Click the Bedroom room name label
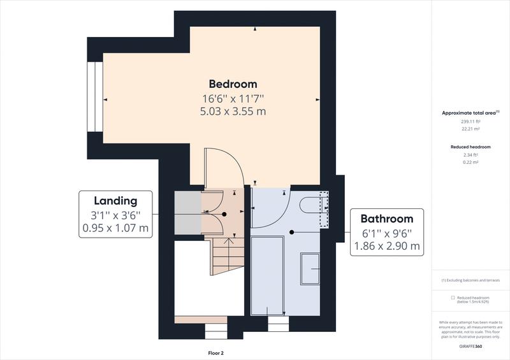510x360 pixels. pos(233,84)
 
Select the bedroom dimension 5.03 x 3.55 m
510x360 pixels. pos(233,111)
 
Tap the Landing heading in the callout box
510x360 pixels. pos(116,201)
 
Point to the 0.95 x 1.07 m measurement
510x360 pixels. pos(116,227)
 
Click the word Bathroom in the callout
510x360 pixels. pos(391,219)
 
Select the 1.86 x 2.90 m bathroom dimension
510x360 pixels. pos(391,245)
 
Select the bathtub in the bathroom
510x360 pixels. pos(268,275)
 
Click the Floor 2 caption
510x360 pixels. pos(216,352)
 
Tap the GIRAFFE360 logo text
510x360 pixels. pos(470,344)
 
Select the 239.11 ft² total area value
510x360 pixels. pos(470,121)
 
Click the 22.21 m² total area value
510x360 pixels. pos(470,129)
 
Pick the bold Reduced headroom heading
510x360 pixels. pos(470,147)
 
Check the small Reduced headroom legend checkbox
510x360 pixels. pos(453,298)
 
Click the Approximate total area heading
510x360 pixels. pos(470,113)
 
